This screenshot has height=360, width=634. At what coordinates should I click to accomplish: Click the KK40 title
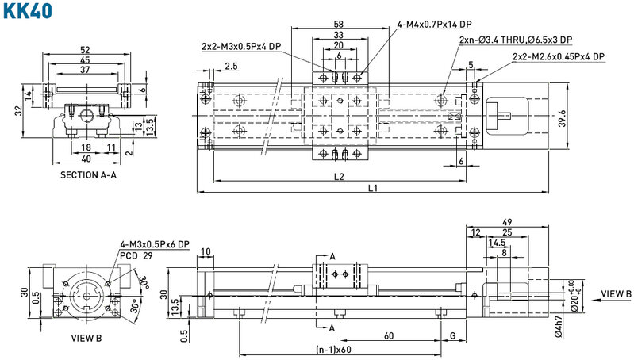[28, 11]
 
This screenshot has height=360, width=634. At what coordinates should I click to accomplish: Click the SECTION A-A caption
[88, 175]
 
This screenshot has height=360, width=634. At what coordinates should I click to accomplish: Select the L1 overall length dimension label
[372, 188]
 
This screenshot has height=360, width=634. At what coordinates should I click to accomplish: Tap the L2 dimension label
[339, 177]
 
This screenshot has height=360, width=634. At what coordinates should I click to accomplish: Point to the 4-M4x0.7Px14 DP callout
[434, 25]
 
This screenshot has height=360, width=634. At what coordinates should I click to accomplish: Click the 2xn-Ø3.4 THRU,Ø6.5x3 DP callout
[516, 40]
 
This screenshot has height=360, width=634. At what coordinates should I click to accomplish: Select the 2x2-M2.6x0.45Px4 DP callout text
[559, 57]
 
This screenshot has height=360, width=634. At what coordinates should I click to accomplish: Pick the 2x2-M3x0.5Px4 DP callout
[241, 46]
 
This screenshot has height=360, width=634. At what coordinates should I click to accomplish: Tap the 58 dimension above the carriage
[339, 25]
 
